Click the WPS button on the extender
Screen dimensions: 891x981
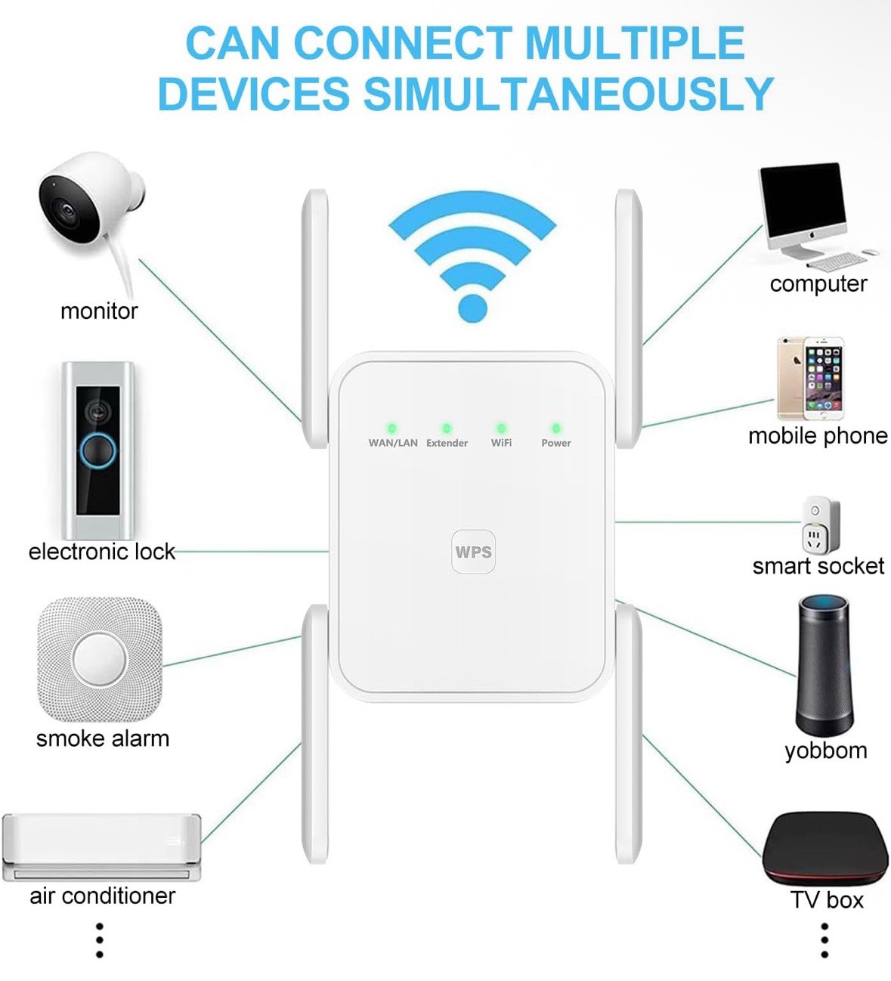pyautogui.click(x=473, y=552)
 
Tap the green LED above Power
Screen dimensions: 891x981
pyautogui.click(x=556, y=429)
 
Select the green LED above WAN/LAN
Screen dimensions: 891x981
pyautogui.click(x=391, y=429)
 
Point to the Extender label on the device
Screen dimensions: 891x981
pyautogui.click(x=447, y=443)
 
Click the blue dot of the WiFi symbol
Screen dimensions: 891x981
pyautogui.click(x=473, y=308)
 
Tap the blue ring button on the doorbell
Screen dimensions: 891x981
pyautogui.click(x=97, y=451)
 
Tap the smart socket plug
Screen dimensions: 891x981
pyautogui.click(x=820, y=525)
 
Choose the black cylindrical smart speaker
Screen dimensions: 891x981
pyautogui.click(x=824, y=665)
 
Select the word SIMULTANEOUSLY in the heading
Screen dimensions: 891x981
pyautogui.click(x=568, y=94)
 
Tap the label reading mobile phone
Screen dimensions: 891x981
pyautogui.click(x=818, y=435)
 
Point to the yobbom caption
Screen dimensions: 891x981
pyautogui.click(x=825, y=750)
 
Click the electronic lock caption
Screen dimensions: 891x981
pyautogui.click(x=101, y=552)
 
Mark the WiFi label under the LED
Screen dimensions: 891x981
pyautogui.click(x=501, y=443)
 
